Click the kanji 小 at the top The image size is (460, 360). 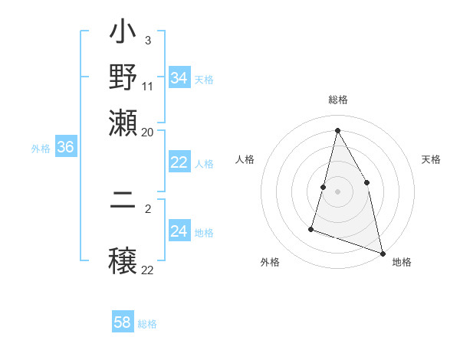coord(123,34)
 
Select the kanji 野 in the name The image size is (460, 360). coord(123,77)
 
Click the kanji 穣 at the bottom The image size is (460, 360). coord(123,260)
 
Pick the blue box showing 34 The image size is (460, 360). coord(179,78)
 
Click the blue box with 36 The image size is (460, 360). coord(65,148)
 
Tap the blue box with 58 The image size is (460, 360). coord(123,322)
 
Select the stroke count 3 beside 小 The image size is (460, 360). coord(147,40)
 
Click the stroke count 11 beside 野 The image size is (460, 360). coord(148,86)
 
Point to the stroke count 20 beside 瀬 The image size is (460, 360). coord(148,131)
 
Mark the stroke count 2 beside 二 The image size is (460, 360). coord(148,208)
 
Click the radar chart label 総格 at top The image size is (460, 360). coord(337,100)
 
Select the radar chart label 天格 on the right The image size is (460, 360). coord(432,159)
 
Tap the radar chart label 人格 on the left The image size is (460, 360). coord(245,159)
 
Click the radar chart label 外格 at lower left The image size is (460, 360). coord(269,262)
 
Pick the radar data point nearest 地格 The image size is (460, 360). coord(383,252)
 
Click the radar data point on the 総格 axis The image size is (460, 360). coord(337,129)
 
